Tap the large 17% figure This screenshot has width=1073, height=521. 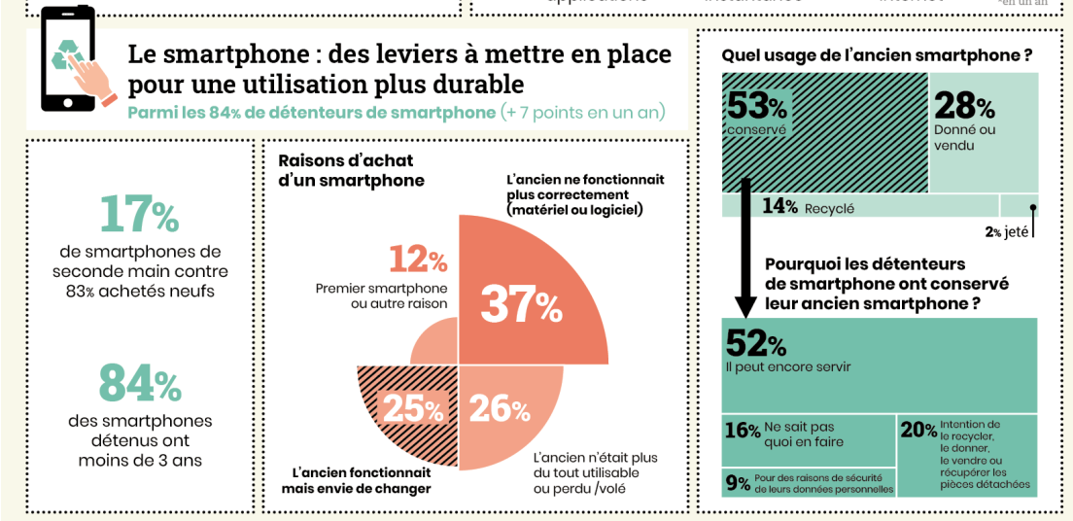pyautogui.click(x=140, y=216)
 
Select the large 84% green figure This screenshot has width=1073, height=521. pyautogui.click(x=140, y=384)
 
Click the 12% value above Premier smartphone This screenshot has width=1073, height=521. pyautogui.click(x=418, y=260)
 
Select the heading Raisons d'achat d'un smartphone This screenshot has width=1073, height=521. pyautogui.click(x=351, y=170)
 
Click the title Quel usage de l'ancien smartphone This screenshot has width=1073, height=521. pyautogui.click(x=876, y=55)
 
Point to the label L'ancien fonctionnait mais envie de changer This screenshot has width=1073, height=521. pyautogui.click(x=357, y=480)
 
